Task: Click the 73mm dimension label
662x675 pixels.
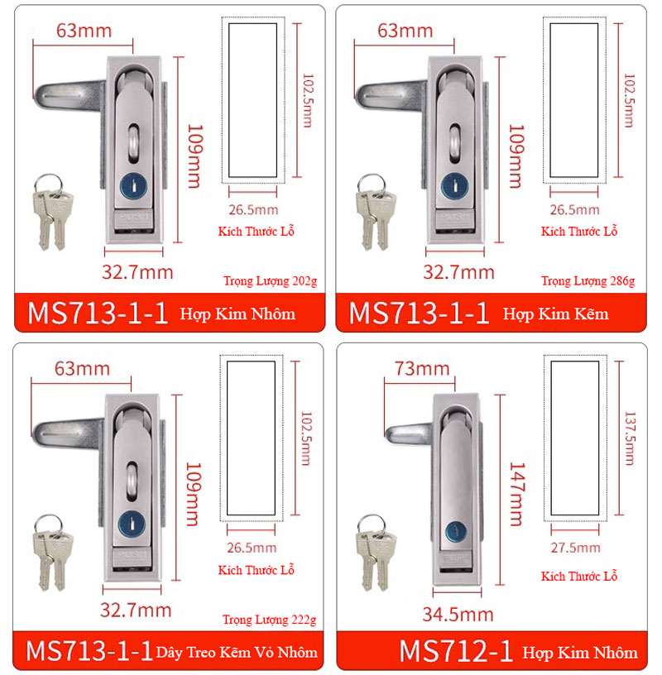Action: coord(422,369)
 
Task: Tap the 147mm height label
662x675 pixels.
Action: coord(517,494)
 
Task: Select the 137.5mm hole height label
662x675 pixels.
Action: coord(630,438)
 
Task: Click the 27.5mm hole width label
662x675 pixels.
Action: coord(575,548)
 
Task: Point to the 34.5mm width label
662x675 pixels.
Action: coord(458,615)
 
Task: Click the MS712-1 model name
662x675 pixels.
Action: coord(456,651)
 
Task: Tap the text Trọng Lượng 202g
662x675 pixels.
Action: coord(270,281)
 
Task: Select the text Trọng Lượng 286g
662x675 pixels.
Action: coord(588,281)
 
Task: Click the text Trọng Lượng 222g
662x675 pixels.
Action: coord(269,620)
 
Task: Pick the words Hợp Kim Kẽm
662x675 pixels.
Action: coord(555,314)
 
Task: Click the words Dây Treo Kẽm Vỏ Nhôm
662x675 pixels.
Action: coord(237,652)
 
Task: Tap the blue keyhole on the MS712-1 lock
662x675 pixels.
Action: coord(456,532)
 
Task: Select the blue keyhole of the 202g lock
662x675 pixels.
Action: coord(133,186)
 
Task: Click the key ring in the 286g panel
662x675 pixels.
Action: coord(371,184)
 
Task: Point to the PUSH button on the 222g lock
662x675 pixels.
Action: coord(131,558)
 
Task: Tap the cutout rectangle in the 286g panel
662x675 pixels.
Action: coord(573,100)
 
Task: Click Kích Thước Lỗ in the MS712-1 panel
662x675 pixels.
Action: coord(579,576)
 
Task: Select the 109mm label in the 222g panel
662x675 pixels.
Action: coord(194,494)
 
